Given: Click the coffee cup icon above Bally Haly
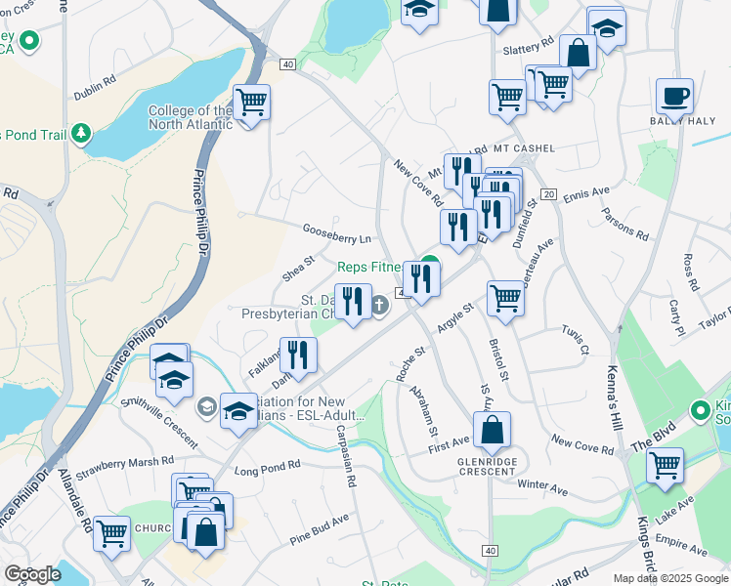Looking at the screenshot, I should pos(674,97).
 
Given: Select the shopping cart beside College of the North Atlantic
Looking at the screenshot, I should pos(252,102).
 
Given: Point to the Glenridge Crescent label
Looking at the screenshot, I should pos(487,471).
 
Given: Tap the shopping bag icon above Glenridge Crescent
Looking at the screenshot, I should pos(492,429).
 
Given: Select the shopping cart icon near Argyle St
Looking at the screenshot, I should pos(505,298).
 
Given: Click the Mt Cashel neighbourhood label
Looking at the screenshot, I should pos(524,148).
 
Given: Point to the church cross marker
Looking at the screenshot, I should pos(379,306).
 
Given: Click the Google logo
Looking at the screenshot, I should pos(32,574).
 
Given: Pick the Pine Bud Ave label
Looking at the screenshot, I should pos(319,529).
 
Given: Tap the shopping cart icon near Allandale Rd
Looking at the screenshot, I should pos(112,533).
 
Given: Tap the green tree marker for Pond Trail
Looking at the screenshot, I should pos(82,132).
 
